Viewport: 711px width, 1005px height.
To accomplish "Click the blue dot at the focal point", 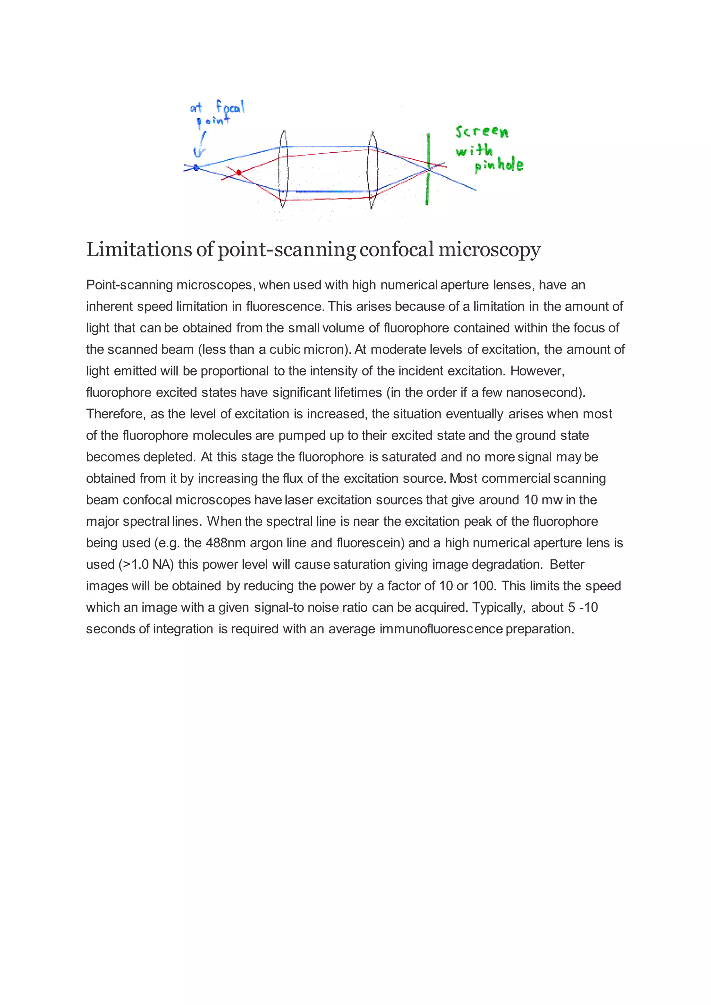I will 196,167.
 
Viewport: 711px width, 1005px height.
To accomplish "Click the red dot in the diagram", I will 239,173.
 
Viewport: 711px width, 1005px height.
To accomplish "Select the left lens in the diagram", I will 283,169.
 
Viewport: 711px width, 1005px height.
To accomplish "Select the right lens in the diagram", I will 373,170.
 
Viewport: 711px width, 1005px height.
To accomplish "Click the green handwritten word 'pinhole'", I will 499,165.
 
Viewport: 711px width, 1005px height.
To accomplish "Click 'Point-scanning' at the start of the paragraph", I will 129,285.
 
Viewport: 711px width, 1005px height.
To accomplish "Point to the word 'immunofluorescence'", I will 441,629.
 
